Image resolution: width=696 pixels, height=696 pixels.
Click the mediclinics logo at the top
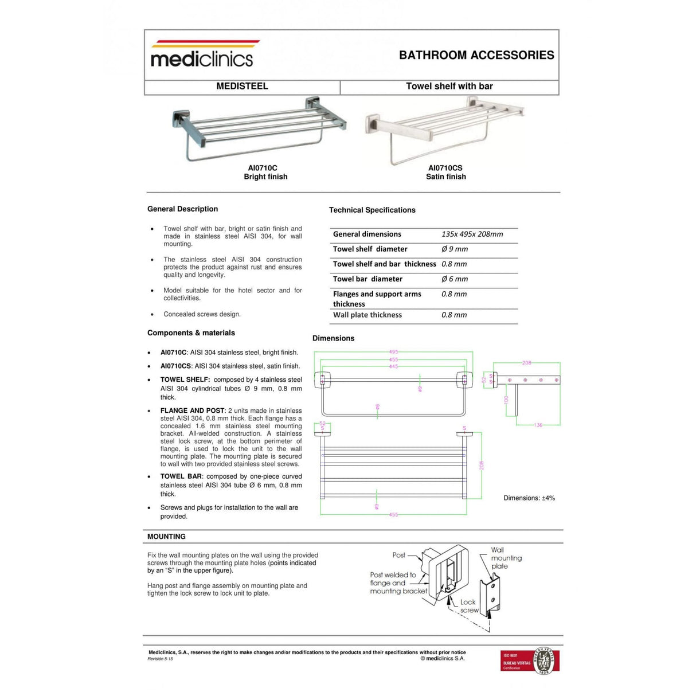pos(202,55)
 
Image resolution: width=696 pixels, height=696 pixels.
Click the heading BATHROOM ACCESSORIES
pos(476,55)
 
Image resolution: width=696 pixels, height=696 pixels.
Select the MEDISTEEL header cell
pos(242,86)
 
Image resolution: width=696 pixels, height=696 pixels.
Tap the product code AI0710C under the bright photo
pos(263,168)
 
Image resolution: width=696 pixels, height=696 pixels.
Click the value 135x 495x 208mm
pos(472,234)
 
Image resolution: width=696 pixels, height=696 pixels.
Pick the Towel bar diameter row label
pos(367,279)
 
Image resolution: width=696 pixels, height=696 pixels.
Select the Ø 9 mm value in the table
pos(455,249)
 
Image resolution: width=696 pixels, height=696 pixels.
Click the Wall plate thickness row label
pos(367,315)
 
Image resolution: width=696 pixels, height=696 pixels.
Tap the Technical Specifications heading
pos(372,210)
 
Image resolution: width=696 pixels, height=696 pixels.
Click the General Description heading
pos(182,209)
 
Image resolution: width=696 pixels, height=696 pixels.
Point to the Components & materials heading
pos(191,333)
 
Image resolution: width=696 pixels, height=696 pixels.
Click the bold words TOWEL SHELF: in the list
pos(185,380)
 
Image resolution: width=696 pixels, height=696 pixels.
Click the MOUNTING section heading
pos(166,537)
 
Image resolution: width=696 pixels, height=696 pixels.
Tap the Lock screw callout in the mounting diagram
pos(469,606)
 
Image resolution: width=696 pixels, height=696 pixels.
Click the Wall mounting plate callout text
pos(506,558)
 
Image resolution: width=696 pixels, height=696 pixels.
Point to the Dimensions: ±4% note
pos(529,498)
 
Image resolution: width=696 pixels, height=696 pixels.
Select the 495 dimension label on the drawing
pos(393,352)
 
